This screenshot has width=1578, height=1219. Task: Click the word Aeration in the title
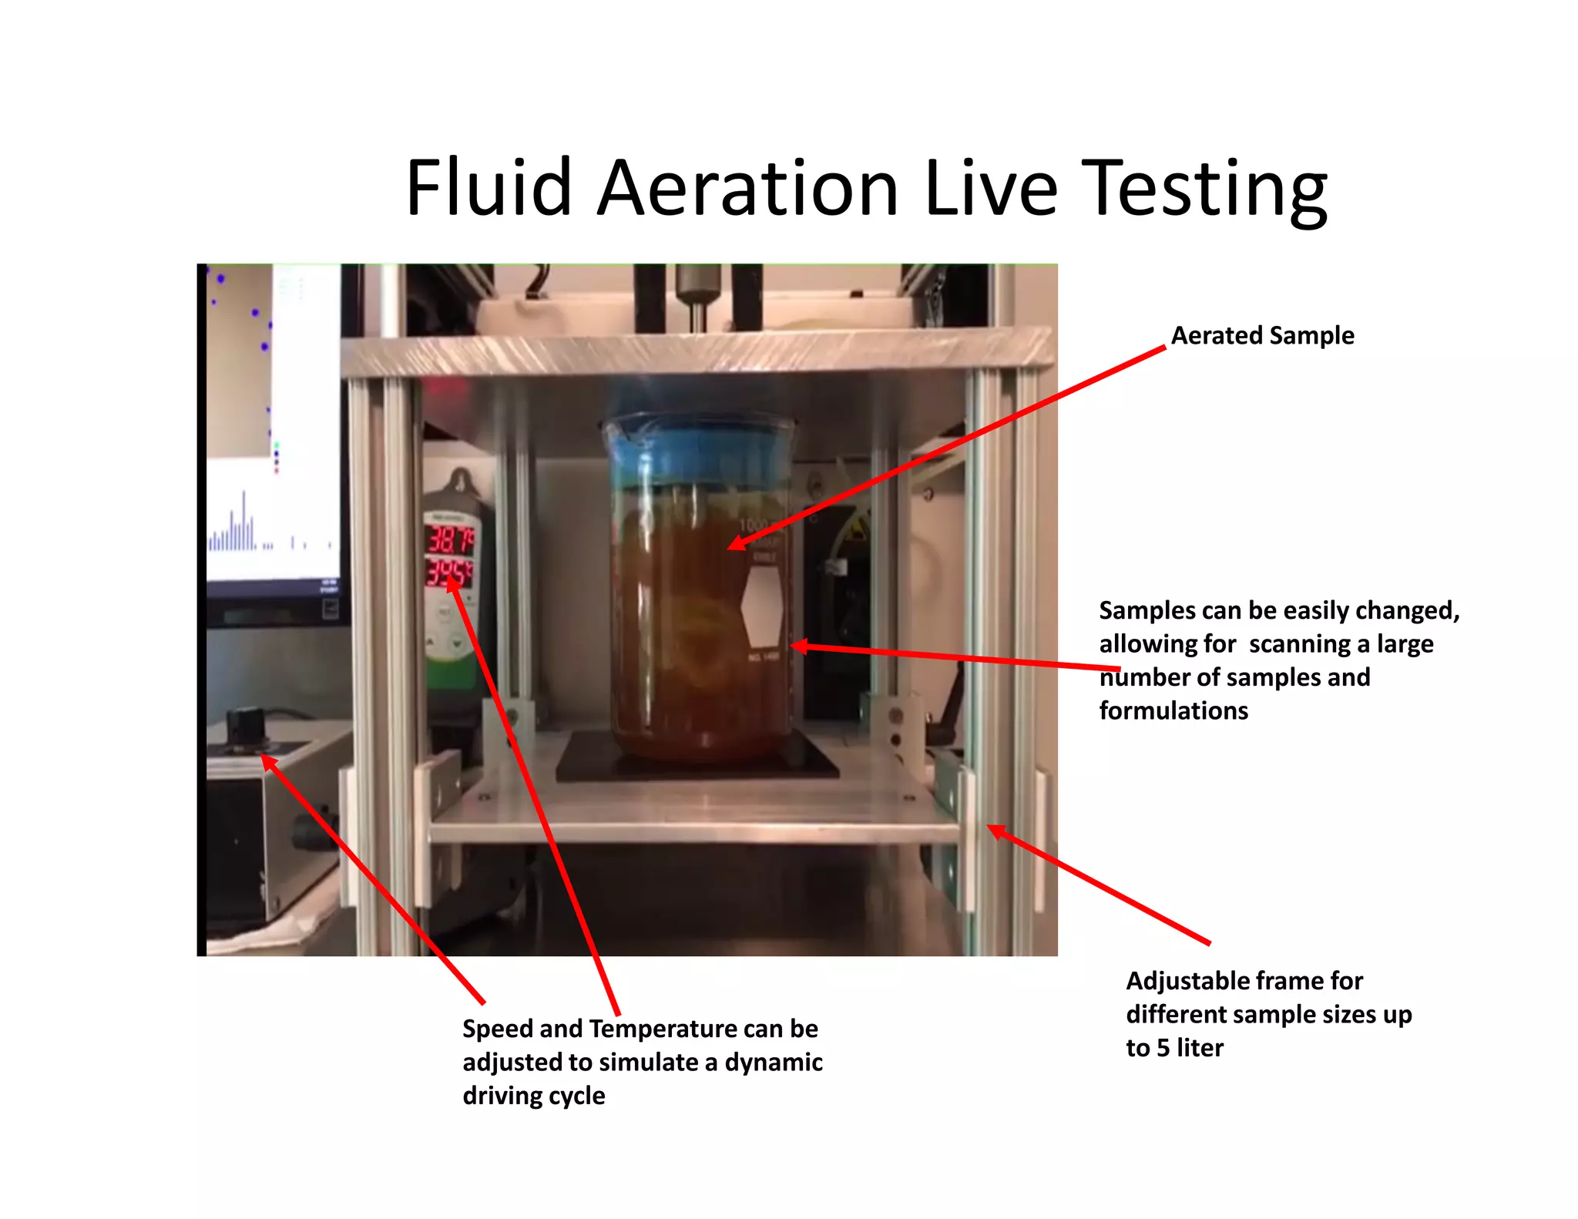(747, 189)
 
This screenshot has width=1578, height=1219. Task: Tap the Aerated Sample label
(1262, 336)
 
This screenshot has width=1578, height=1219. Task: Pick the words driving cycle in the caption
(533, 1096)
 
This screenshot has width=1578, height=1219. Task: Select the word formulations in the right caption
(1173, 710)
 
